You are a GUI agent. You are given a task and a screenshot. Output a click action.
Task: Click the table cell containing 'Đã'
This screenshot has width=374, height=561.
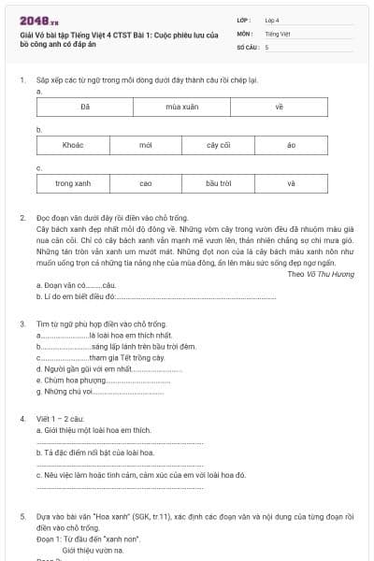click(x=84, y=108)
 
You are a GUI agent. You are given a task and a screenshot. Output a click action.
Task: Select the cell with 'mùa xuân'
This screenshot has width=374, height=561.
click(x=181, y=108)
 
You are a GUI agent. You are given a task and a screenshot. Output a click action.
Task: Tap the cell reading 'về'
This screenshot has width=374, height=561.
click(x=279, y=108)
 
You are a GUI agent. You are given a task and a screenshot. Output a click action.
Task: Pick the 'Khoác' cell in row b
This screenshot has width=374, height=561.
click(x=73, y=145)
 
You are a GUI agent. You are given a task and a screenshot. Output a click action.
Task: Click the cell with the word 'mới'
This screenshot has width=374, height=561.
click(x=145, y=145)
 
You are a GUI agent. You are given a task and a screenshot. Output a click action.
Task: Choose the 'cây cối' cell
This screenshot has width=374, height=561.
click(x=218, y=145)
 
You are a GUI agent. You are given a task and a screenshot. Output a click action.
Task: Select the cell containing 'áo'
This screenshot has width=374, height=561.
click(x=291, y=145)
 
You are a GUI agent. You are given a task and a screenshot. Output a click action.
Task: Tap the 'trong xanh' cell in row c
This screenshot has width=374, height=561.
click(x=73, y=183)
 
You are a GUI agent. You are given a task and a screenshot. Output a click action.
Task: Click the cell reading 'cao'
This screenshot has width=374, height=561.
click(x=145, y=183)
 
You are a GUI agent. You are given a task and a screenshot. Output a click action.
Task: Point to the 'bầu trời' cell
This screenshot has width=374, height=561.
click(x=218, y=183)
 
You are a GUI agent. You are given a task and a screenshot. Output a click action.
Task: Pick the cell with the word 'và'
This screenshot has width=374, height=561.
click(x=291, y=183)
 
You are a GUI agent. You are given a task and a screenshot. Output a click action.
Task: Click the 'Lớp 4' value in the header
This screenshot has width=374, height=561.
click(x=272, y=20)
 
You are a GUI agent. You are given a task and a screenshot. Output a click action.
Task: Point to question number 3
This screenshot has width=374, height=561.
click(x=22, y=324)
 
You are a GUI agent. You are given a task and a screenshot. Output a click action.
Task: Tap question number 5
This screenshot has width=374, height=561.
click(x=22, y=515)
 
